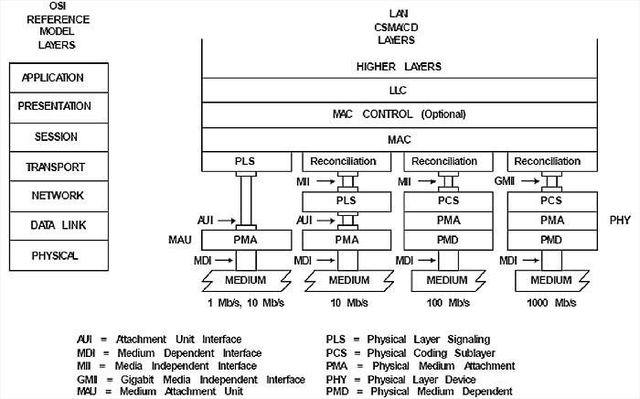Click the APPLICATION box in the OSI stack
(52, 78)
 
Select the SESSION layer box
(52, 136)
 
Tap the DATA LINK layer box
(52, 225)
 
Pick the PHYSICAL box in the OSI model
(52, 254)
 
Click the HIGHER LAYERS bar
(398, 67)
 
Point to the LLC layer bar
(398, 91)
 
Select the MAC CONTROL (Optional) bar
(398, 114)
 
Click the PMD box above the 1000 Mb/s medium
(550, 239)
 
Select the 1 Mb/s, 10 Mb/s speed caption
(244, 302)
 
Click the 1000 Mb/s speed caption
(549, 302)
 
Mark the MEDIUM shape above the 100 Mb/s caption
(447, 280)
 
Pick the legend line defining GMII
(190, 379)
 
